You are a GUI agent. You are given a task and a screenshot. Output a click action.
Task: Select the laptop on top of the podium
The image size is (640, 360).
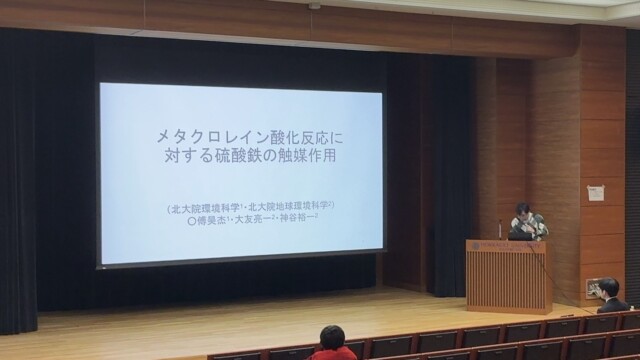point(521,233)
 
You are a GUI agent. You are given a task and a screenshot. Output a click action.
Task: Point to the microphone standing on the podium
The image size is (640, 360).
point(500,229)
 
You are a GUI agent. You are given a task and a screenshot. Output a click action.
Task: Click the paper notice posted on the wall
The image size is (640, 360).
point(596,192)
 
